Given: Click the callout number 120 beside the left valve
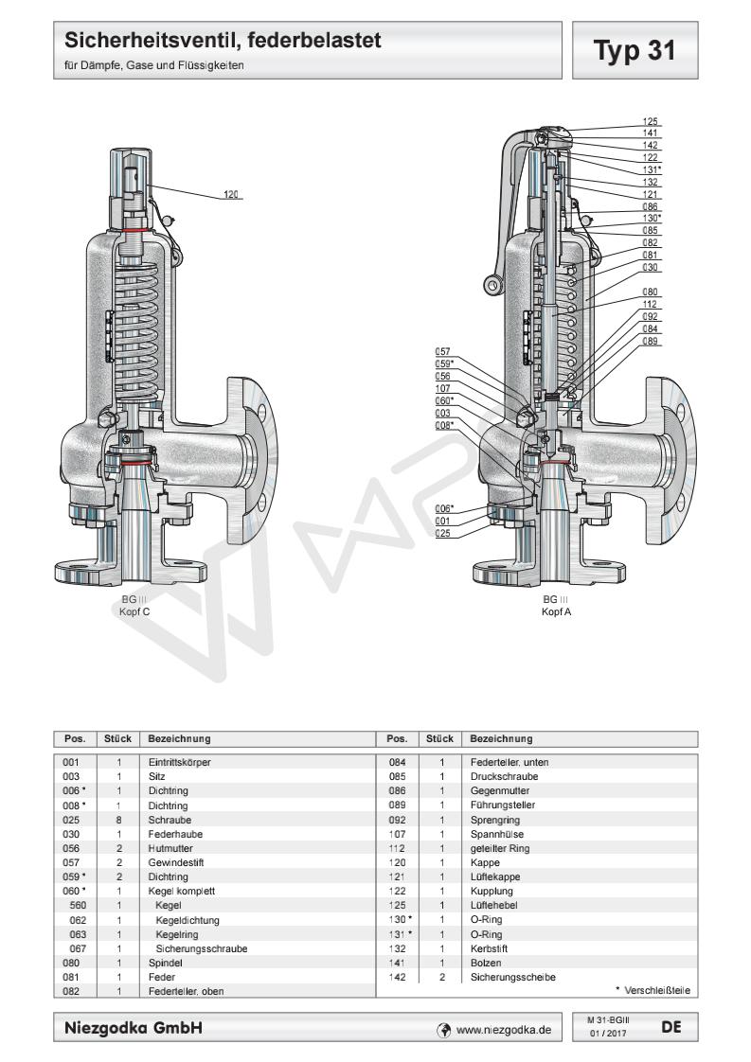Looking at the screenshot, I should [230, 195].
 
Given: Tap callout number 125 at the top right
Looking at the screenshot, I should [651, 122].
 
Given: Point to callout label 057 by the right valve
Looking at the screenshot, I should [442, 350].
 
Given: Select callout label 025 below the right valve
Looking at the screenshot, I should [442, 534].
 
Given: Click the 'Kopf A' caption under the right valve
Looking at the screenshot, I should [555, 611].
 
